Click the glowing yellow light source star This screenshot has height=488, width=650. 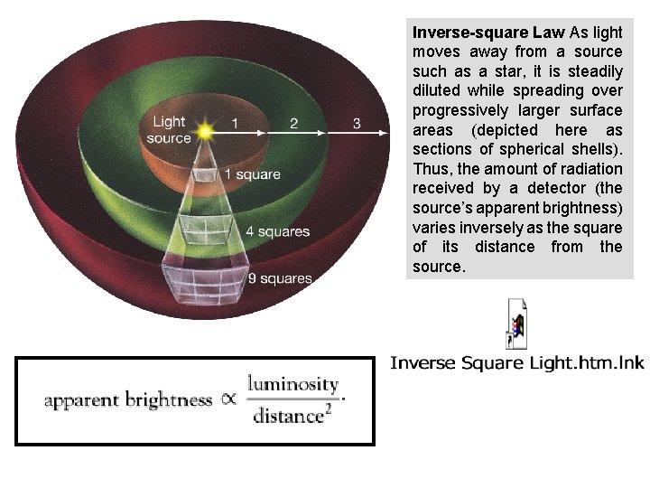(207, 131)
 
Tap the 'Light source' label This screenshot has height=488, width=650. (170, 130)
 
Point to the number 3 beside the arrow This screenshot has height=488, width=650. (357, 123)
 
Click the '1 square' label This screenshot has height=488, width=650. (252, 174)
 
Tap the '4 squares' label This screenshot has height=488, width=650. (277, 231)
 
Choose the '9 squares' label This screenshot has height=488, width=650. (280, 278)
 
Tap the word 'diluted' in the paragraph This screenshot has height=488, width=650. (438, 90)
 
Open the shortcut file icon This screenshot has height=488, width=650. (517, 324)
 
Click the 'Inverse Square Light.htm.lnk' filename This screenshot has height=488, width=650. (517, 363)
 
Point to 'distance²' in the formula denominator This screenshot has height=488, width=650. (288, 415)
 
